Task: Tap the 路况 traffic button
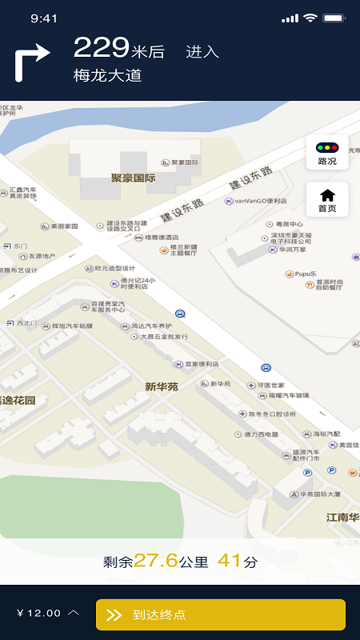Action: click(327, 152)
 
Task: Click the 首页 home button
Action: click(327, 200)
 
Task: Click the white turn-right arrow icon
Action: click(33, 62)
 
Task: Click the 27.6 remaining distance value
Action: click(155, 561)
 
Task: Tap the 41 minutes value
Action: click(229, 561)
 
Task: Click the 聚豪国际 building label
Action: click(133, 178)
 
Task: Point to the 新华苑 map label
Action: click(162, 386)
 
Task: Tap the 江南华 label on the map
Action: click(342, 517)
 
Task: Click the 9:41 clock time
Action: click(44, 18)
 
